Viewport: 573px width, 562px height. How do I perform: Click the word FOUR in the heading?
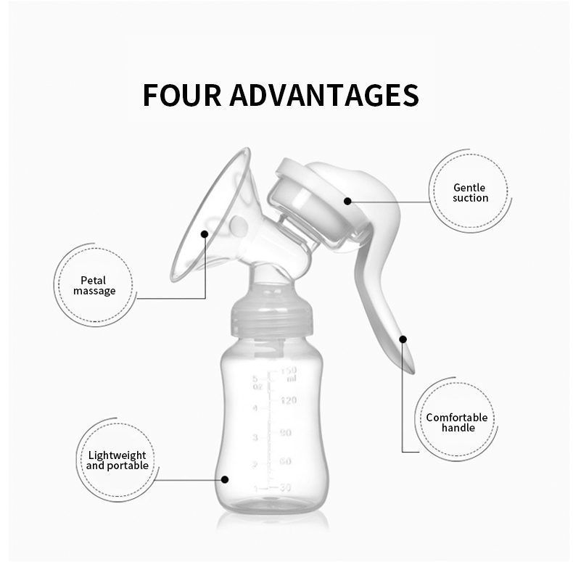(x=181, y=95)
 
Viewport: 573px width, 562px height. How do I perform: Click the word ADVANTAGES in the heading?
(x=324, y=95)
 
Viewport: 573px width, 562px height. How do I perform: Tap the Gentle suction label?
(x=470, y=193)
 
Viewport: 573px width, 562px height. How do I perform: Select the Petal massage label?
(x=94, y=286)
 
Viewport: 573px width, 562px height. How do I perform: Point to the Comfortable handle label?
(x=457, y=423)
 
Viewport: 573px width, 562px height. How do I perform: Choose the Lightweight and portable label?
(x=118, y=460)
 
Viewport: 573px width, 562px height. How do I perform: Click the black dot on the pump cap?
(x=347, y=201)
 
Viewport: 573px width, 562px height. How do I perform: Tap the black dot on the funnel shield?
(x=205, y=234)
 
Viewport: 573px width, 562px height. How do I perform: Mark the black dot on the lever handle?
(x=403, y=339)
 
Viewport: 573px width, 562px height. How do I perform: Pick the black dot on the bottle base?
(x=225, y=479)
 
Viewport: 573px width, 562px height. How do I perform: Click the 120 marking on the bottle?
(x=289, y=400)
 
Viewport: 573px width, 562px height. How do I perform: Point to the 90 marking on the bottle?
(x=286, y=433)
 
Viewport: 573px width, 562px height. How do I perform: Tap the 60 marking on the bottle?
(x=285, y=461)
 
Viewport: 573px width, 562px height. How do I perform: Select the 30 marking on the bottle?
(x=285, y=487)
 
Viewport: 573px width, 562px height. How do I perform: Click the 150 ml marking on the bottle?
(x=289, y=374)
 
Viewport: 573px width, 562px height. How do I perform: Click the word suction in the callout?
(x=470, y=198)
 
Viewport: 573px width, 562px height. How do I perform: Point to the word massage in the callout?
(x=94, y=291)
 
